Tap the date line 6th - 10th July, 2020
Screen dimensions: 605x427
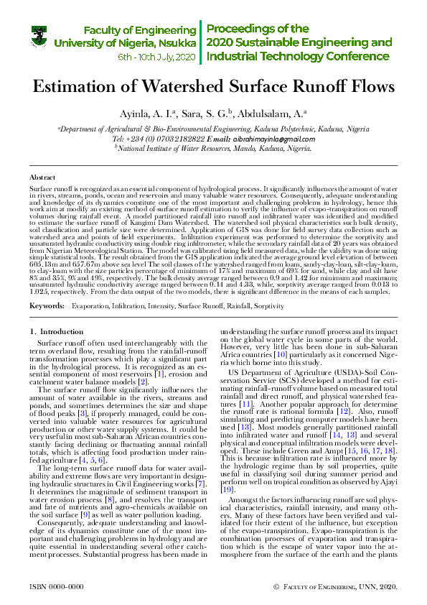tap(156, 56)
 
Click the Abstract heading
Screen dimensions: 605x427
tap(42, 176)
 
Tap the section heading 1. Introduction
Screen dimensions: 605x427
tap(57, 331)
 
